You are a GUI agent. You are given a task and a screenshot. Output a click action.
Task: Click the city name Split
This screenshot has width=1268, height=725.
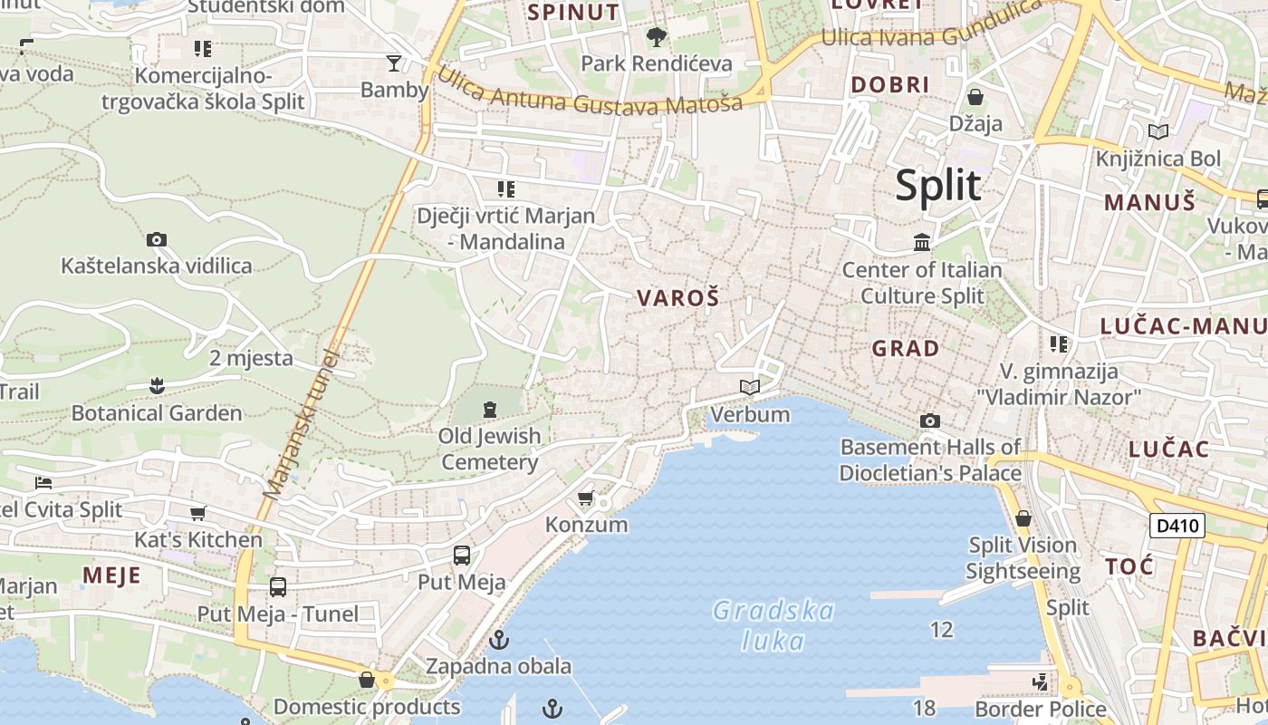click(937, 186)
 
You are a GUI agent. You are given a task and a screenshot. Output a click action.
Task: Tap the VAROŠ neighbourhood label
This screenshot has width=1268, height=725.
click(677, 298)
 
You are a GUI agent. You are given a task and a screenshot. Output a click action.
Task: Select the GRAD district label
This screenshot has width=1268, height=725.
click(905, 348)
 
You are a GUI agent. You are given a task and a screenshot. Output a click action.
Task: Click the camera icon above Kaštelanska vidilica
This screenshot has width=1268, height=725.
click(157, 240)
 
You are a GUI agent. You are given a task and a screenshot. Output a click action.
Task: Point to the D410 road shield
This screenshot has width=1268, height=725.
click(1177, 525)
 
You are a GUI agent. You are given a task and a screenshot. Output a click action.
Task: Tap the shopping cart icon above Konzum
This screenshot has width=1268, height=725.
click(586, 498)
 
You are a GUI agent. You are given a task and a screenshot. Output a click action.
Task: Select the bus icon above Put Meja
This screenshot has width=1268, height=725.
click(461, 555)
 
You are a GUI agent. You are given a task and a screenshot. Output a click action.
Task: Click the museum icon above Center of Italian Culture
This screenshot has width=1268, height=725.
click(922, 242)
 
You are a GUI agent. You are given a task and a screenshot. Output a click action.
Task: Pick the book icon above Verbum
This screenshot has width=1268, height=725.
click(749, 388)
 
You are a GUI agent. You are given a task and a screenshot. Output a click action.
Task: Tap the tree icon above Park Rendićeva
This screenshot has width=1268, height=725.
click(656, 37)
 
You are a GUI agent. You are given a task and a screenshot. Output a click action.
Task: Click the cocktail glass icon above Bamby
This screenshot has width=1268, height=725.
click(393, 63)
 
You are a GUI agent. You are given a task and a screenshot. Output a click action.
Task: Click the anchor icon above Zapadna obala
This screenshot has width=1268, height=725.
click(498, 641)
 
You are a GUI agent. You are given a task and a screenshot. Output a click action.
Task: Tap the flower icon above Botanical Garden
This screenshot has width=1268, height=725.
click(157, 386)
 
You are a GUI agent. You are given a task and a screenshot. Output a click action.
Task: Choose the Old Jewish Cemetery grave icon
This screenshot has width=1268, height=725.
click(490, 410)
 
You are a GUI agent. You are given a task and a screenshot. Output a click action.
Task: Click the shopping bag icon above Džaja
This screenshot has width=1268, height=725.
click(975, 96)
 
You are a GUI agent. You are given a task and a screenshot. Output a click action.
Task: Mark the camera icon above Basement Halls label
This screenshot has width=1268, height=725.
click(929, 420)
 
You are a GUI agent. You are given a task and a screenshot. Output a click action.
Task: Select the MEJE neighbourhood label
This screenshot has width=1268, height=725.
click(111, 575)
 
